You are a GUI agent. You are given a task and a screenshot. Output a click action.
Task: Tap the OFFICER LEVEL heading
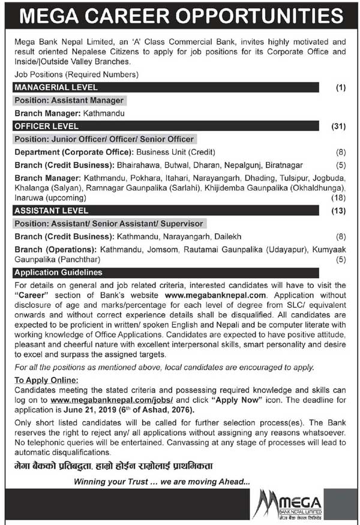coord(47,126)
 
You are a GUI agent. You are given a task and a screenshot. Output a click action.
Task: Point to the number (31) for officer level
coord(339,126)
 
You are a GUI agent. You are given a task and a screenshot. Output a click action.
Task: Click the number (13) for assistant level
coord(339,211)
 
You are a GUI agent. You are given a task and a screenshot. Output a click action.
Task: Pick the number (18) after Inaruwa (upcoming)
coord(340,197)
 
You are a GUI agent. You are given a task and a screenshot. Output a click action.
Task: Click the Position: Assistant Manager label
coord(70,100)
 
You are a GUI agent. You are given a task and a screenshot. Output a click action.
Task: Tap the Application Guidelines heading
coord(58,272)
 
